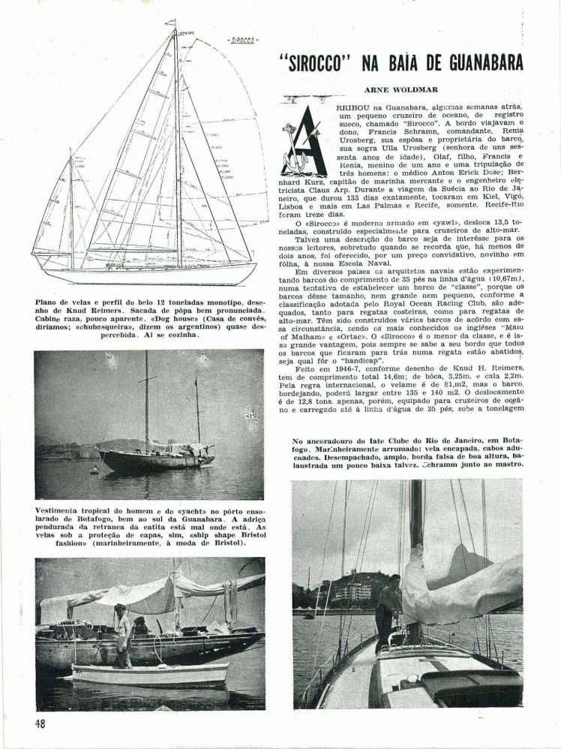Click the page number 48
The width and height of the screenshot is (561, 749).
(x=41, y=724)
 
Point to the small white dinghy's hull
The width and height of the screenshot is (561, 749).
(x=150, y=674)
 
